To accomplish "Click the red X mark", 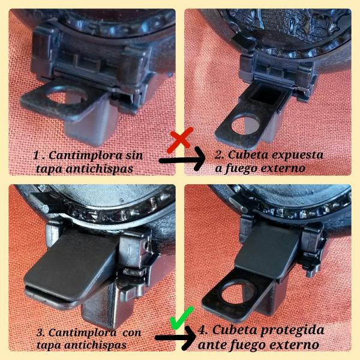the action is [180, 140].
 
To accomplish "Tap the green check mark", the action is [182, 318].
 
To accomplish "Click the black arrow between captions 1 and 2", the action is [182, 159].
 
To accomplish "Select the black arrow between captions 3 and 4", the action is [176, 337].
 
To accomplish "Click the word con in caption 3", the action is [132, 333].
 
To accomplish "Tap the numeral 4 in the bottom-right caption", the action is [203, 330].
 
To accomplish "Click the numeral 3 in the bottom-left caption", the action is [40, 332].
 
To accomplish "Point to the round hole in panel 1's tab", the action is [67, 97].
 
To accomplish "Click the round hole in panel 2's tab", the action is [246, 125].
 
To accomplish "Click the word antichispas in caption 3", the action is [94, 345].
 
